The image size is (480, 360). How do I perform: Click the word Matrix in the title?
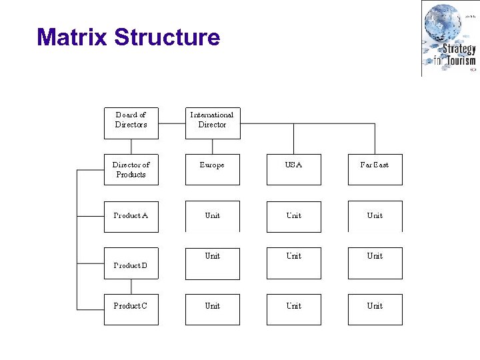tap(72, 37)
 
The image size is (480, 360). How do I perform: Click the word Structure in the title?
tap(167, 37)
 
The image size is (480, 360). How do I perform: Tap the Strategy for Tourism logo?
tap(449, 39)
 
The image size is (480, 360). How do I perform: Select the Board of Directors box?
tap(131, 123)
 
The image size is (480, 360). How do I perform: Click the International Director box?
tap(212, 123)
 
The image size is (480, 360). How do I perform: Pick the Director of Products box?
tap(131, 169)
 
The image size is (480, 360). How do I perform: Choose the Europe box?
tap(212, 169)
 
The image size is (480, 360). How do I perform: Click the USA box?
tap(293, 169)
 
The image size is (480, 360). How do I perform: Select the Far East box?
tap(375, 169)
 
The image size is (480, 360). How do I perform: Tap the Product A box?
tap(131, 217)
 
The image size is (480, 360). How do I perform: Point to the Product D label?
tap(131, 265)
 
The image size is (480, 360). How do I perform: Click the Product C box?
tap(131, 309)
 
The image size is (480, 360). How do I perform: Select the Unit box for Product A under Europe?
tap(212, 217)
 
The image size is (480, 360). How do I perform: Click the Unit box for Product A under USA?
tap(293, 217)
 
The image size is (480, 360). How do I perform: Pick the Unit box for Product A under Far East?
tap(375, 217)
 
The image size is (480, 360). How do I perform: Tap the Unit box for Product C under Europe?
tap(212, 309)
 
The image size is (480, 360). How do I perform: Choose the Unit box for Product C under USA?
tap(293, 309)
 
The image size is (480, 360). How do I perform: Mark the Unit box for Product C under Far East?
tap(375, 309)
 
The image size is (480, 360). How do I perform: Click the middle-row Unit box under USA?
tap(293, 263)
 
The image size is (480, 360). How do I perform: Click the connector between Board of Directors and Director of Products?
tap(131, 147)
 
